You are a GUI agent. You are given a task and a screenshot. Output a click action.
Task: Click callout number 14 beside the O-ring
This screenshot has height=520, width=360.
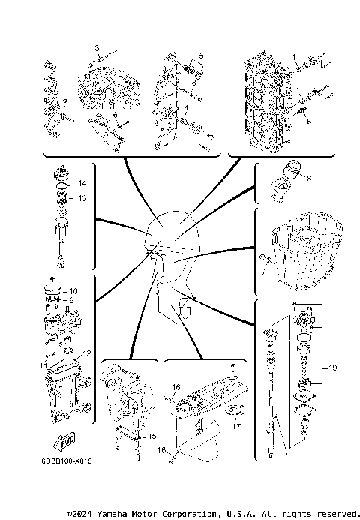click(x=82, y=184)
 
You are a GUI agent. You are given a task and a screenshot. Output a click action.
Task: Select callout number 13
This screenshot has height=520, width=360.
click(x=82, y=198)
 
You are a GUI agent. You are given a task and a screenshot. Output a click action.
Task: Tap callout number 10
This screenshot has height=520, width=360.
click(x=73, y=291)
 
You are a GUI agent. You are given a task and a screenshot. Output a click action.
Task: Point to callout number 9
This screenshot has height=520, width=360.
click(x=73, y=300)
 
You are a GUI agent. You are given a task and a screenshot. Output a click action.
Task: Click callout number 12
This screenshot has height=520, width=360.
click(x=86, y=353)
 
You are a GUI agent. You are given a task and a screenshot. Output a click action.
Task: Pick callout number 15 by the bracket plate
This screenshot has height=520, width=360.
click(x=151, y=436)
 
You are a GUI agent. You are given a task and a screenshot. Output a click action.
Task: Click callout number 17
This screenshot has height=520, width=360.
click(x=235, y=428)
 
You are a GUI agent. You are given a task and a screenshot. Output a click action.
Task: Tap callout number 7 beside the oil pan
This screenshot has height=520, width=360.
click(x=262, y=275)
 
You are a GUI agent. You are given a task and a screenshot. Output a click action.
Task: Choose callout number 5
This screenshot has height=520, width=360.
click(x=201, y=56)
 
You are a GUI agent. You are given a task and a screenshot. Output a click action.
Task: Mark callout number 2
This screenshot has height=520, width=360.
click(x=65, y=101)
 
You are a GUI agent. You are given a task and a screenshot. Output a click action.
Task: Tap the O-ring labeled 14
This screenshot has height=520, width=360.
click(x=62, y=184)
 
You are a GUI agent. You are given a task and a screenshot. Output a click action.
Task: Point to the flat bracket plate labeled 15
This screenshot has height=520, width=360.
click(x=129, y=438)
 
